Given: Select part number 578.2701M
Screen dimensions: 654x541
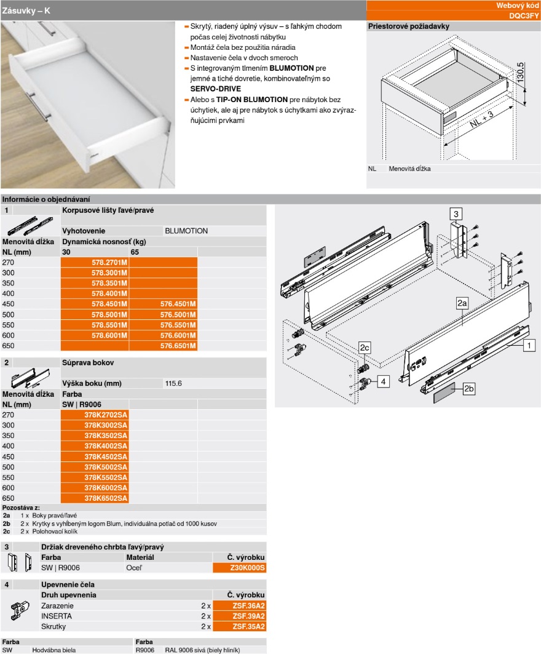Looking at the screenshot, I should (x=109, y=262).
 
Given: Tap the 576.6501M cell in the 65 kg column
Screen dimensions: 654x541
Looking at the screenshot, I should (x=178, y=346).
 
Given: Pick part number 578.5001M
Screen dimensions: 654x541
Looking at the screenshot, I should (x=109, y=314).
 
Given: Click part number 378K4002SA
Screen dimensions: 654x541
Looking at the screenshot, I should (x=106, y=445).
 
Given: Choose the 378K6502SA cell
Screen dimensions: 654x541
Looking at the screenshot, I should (x=106, y=498).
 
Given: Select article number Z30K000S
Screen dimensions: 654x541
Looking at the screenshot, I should (x=247, y=568).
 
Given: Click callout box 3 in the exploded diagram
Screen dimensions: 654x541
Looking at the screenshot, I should (x=456, y=214).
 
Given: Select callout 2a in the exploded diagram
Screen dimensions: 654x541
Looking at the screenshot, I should (x=463, y=303).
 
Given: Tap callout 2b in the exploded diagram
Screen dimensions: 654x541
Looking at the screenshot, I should (x=469, y=388).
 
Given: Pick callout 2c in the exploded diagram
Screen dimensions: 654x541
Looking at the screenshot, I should (x=365, y=348).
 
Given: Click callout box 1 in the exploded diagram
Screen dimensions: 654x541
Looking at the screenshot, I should (x=528, y=346).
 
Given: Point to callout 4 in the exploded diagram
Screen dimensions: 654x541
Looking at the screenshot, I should (x=383, y=381).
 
